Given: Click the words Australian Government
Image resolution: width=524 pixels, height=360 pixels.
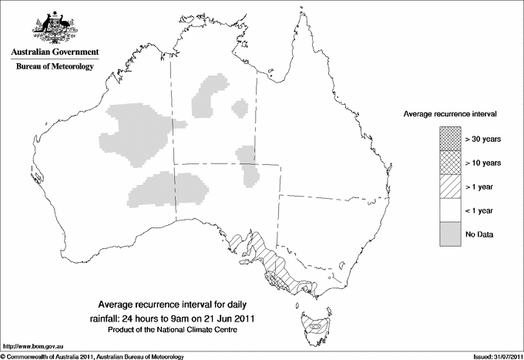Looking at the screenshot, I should (55, 52).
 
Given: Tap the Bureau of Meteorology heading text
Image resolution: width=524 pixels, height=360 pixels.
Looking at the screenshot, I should (55, 67).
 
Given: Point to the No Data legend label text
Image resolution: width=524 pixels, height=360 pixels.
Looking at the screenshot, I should (479, 234).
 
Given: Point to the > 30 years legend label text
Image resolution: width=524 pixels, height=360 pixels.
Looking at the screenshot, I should (483, 139).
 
